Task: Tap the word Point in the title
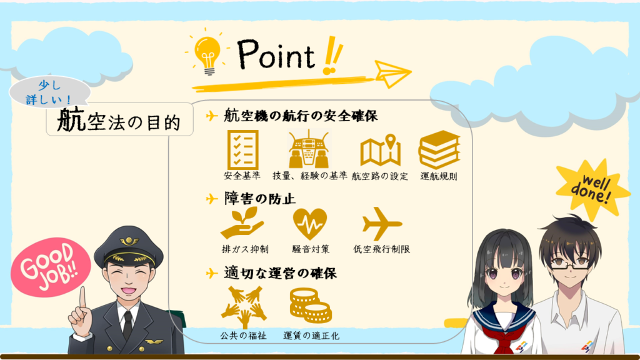[x=276, y=54]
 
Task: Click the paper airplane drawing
[x=392, y=74]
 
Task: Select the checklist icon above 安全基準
[x=243, y=149]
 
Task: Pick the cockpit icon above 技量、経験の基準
[x=309, y=149]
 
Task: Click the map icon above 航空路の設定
[x=380, y=150]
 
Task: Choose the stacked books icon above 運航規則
[x=439, y=149]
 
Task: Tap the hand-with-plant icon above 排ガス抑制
[x=242, y=223]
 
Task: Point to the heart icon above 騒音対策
[x=310, y=224]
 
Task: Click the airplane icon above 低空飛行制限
[x=381, y=224]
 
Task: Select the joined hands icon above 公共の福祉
[x=244, y=307]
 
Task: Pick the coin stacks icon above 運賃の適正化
[x=311, y=305]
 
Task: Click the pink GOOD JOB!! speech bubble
[x=51, y=267]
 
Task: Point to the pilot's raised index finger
[x=83, y=298]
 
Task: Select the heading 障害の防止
[x=259, y=199]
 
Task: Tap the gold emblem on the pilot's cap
[x=129, y=241]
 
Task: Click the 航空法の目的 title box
[x=119, y=119]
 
